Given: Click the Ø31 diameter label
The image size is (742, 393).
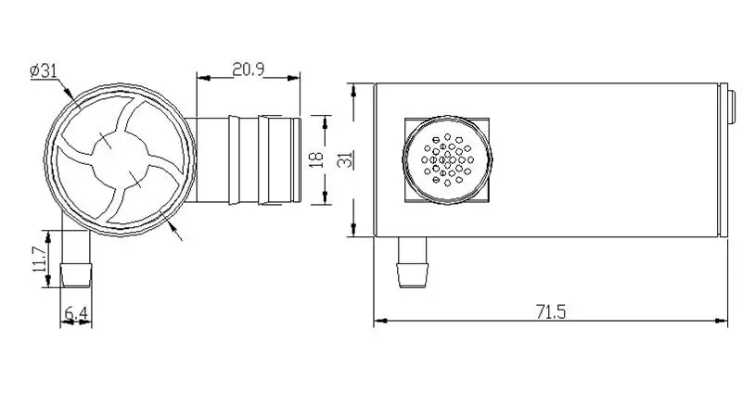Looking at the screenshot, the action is point(44,71).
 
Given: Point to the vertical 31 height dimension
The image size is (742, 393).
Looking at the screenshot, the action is point(346,159).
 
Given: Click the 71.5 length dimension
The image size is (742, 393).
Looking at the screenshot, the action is point(551,311).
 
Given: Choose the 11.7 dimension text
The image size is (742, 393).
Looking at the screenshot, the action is point(40,259).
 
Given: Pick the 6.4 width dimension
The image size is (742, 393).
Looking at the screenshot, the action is point(76,312).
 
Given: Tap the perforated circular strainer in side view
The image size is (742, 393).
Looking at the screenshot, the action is point(447,159).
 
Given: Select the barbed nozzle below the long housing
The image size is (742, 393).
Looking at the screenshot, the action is point(412,262).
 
